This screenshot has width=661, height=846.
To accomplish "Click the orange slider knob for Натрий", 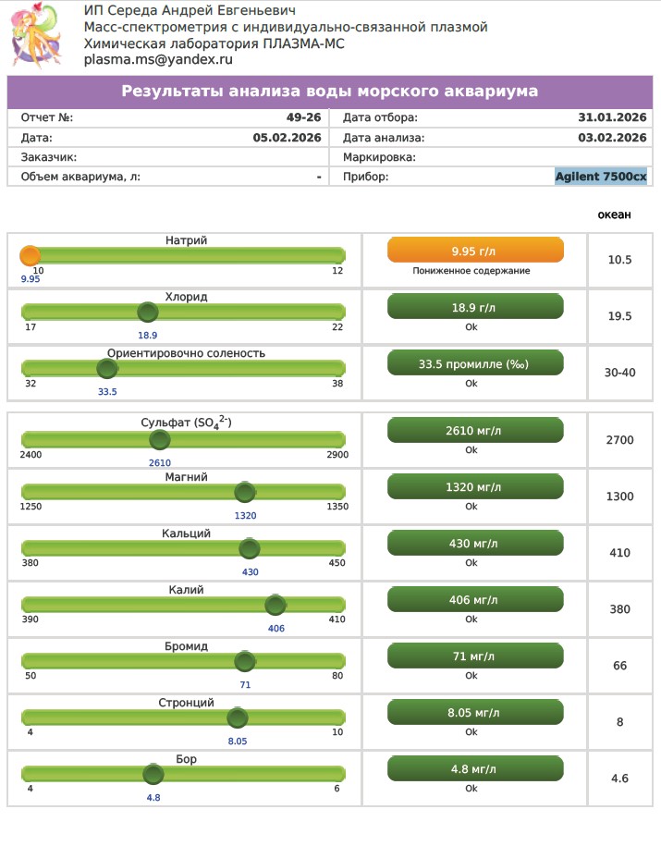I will pos(31,256).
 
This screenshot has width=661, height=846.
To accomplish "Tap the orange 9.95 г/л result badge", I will pos(474,251).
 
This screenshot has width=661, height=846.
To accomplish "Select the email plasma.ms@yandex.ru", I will pos(158,59).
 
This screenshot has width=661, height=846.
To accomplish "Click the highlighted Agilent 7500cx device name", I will pos(601,177).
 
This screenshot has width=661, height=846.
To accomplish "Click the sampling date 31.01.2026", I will pos(612,118).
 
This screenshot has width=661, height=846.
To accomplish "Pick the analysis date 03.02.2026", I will pos(612,138).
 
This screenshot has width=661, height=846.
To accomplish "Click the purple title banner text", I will pos(330,92).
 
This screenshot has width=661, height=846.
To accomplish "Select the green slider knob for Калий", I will pos(275,606).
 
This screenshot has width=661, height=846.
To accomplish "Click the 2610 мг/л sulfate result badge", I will pos(474,430).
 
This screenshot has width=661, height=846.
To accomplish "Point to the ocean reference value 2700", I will pos(619,440).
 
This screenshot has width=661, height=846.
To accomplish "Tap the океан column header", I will pos(614,215).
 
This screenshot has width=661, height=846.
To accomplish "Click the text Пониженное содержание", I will pos(471,271).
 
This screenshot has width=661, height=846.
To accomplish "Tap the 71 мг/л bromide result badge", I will pos(474,656).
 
